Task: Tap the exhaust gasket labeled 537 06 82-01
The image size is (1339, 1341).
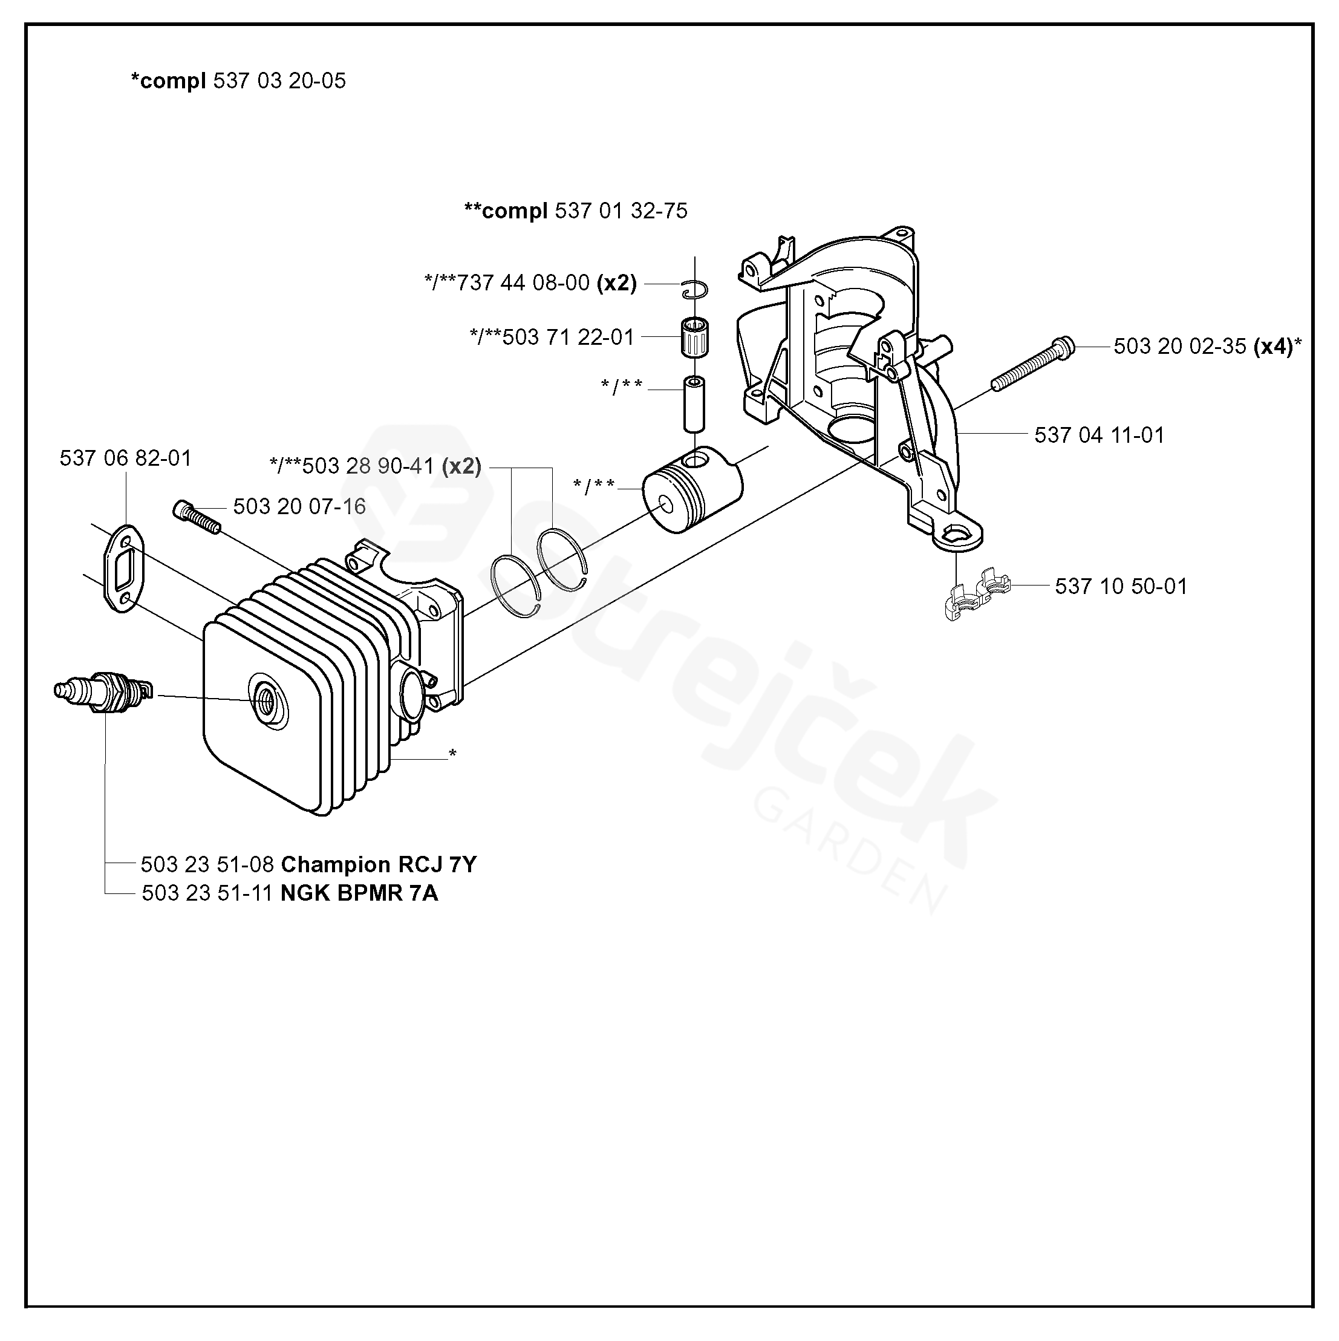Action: tap(123, 567)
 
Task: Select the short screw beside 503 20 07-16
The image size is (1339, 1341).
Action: tap(196, 516)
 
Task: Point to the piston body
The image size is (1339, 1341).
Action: tap(691, 491)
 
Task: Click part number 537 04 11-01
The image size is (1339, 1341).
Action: tap(1099, 435)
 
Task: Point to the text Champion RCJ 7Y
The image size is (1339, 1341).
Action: tap(379, 864)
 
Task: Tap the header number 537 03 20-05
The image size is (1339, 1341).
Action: tap(279, 81)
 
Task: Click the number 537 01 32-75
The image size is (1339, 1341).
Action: tap(621, 210)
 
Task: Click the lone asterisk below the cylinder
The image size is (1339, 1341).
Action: tap(452, 753)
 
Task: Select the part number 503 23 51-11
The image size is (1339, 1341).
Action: tap(207, 893)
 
